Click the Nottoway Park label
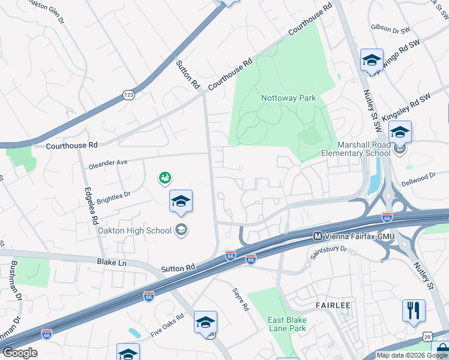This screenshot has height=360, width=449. click(x=288, y=98)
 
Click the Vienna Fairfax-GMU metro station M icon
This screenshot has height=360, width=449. click(x=318, y=236)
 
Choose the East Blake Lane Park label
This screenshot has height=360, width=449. click(x=287, y=323)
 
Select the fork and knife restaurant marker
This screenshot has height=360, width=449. click(x=413, y=311)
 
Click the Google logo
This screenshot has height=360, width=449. click(x=20, y=353)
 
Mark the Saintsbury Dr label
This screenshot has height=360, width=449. click(x=328, y=251)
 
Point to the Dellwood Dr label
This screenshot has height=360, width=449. click(x=420, y=177)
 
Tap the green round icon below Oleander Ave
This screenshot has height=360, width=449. click(x=165, y=178)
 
